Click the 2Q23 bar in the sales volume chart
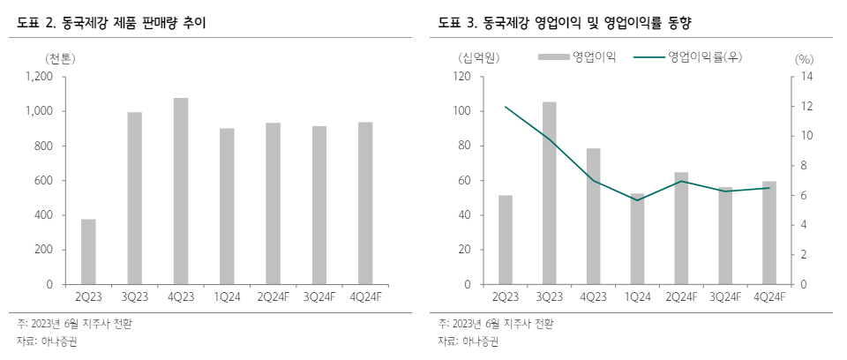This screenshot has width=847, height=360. point(88,251)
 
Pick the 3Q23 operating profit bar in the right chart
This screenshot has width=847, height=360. point(550,193)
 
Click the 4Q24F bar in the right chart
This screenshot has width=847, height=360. point(769,233)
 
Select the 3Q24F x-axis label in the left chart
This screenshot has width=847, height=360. point(319,298)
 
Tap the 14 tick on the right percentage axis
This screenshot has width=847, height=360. point(805,77)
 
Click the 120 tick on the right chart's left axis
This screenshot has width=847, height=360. point(461,77)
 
